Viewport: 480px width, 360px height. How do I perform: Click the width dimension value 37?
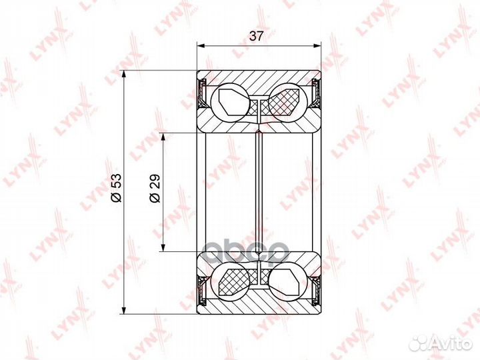pyautogui.click(x=256, y=36)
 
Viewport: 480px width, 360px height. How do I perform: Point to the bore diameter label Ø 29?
pyautogui.click(x=155, y=188)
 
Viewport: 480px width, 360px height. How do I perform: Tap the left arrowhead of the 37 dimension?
pyautogui.click(x=200, y=46)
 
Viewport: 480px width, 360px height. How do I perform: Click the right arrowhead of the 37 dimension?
pyautogui.click(x=318, y=46)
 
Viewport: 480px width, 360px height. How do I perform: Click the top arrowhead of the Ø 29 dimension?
pyautogui.click(x=163, y=137)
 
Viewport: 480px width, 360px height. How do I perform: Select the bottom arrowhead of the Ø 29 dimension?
pyautogui.click(x=163, y=247)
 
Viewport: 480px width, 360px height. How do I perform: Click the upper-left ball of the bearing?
pyautogui.click(x=230, y=101)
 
